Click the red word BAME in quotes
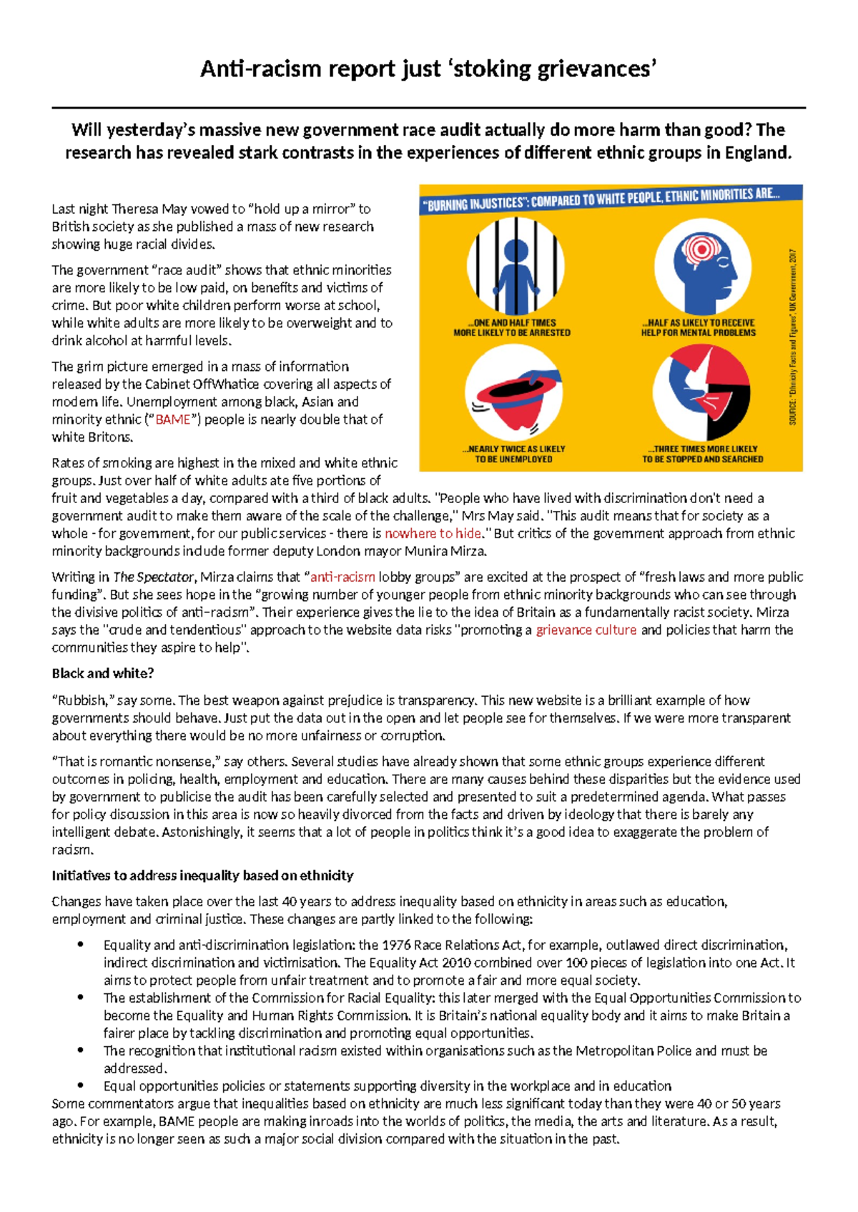(x=173, y=419)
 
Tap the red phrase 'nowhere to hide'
(x=433, y=533)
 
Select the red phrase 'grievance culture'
(x=586, y=630)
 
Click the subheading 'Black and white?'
(x=103, y=673)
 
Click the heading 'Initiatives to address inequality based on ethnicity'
(x=202, y=875)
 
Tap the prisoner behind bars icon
(x=515, y=267)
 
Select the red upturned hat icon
(x=513, y=394)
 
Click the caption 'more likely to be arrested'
(x=512, y=332)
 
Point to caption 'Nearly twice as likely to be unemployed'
(x=513, y=454)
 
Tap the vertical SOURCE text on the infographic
(x=793, y=336)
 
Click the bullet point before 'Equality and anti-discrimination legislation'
(x=81, y=945)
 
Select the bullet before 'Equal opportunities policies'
(x=81, y=1086)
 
